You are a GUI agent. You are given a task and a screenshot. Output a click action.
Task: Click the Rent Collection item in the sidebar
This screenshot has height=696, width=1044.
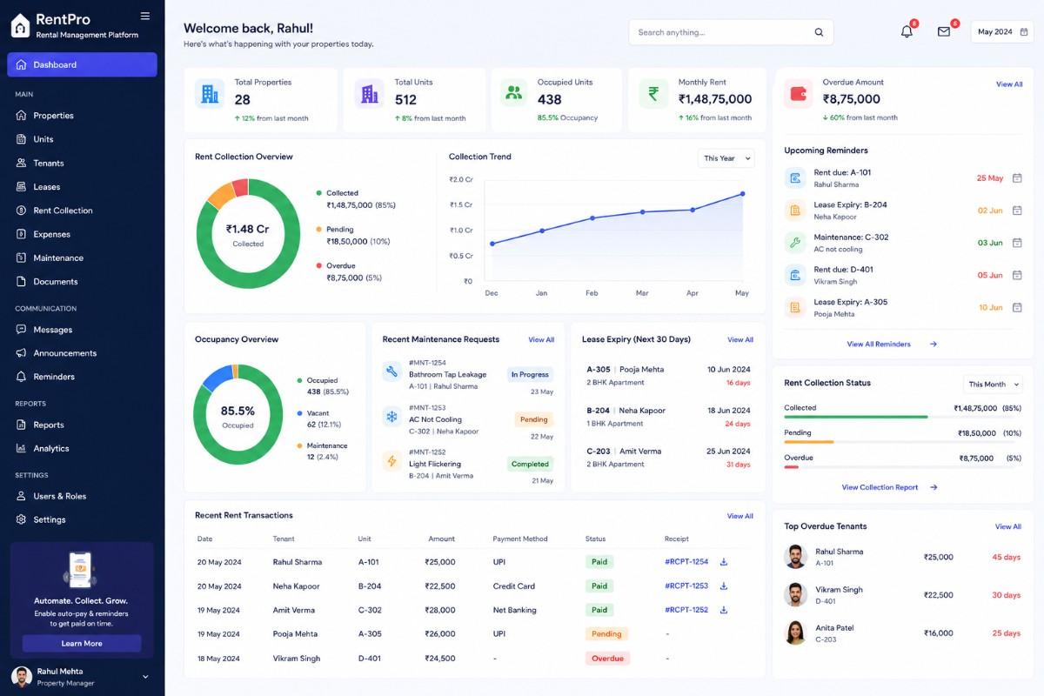click(x=63, y=211)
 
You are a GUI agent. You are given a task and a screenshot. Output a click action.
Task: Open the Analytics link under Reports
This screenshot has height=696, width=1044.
click(x=50, y=448)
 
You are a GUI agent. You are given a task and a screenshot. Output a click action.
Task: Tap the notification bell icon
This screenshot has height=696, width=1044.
click(x=907, y=31)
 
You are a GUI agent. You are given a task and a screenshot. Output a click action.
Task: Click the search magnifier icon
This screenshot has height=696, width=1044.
click(x=819, y=32)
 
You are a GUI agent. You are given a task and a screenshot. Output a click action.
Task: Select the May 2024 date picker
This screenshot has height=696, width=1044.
click(x=1002, y=31)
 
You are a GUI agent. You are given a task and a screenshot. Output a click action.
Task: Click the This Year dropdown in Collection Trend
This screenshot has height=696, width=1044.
click(x=726, y=158)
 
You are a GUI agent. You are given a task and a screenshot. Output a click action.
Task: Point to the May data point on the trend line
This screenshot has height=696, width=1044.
click(x=742, y=194)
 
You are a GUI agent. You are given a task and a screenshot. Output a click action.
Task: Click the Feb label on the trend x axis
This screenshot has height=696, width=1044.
click(x=592, y=293)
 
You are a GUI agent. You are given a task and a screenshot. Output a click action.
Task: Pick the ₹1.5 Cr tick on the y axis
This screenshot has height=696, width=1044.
click(x=461, y=204)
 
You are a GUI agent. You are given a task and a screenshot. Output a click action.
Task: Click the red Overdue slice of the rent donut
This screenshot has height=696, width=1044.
click(x=240, y=187)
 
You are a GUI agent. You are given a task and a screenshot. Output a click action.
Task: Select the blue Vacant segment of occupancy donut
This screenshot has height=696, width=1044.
click(x=217, y=378)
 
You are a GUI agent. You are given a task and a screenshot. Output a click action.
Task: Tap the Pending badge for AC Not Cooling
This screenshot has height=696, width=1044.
click(x=533, y=419)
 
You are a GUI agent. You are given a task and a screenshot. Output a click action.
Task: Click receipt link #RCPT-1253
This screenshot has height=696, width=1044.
click(x=686, y=586)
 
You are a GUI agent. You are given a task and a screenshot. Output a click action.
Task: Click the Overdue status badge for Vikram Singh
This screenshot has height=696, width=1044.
click(x=607, y=659)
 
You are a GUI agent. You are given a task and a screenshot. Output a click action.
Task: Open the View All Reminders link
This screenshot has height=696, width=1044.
click(x=879, y=344)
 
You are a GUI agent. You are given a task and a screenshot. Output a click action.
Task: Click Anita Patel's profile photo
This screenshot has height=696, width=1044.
click(x=795, y=632)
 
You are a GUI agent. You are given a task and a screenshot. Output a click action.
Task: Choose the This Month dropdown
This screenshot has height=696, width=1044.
click(x=994, y=385)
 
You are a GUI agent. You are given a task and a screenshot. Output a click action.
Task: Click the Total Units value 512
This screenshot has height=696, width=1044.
click(x=405, y=100)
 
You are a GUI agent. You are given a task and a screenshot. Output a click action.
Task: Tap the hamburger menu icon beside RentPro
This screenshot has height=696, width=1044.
click(x=145, y=17)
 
